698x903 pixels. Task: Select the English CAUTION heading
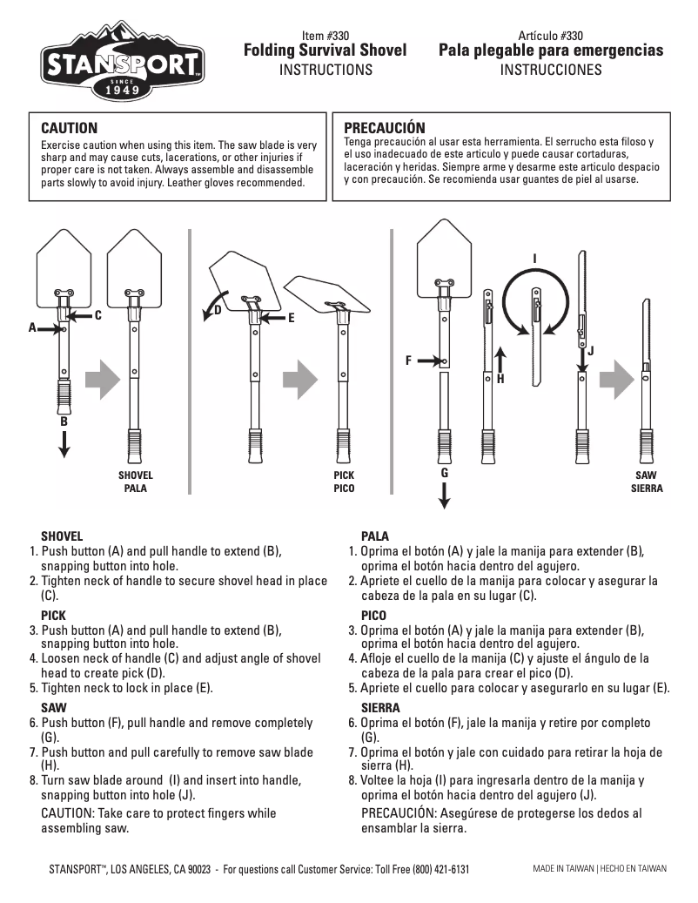[70, 128]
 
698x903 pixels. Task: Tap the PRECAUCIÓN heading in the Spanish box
[385, 128]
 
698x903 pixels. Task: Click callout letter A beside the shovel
[32, 328]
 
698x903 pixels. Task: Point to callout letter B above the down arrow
[64, 421]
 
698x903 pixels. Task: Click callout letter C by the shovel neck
[98, 315]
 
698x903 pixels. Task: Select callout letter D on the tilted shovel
[218, 309]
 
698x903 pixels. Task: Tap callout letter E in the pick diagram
[292, 319]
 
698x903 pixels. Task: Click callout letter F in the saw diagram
[407, 359]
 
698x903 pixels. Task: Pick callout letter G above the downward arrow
[444, 472]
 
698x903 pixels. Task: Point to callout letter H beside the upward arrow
[500, 380]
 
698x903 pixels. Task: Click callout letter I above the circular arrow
[534, 258]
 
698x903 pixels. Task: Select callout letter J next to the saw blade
[590, 351]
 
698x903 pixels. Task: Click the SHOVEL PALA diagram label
[135, 482]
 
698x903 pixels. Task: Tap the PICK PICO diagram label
[344, 482]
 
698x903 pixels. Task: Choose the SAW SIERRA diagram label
[646, 482]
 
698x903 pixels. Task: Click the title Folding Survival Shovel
[325, 51]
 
